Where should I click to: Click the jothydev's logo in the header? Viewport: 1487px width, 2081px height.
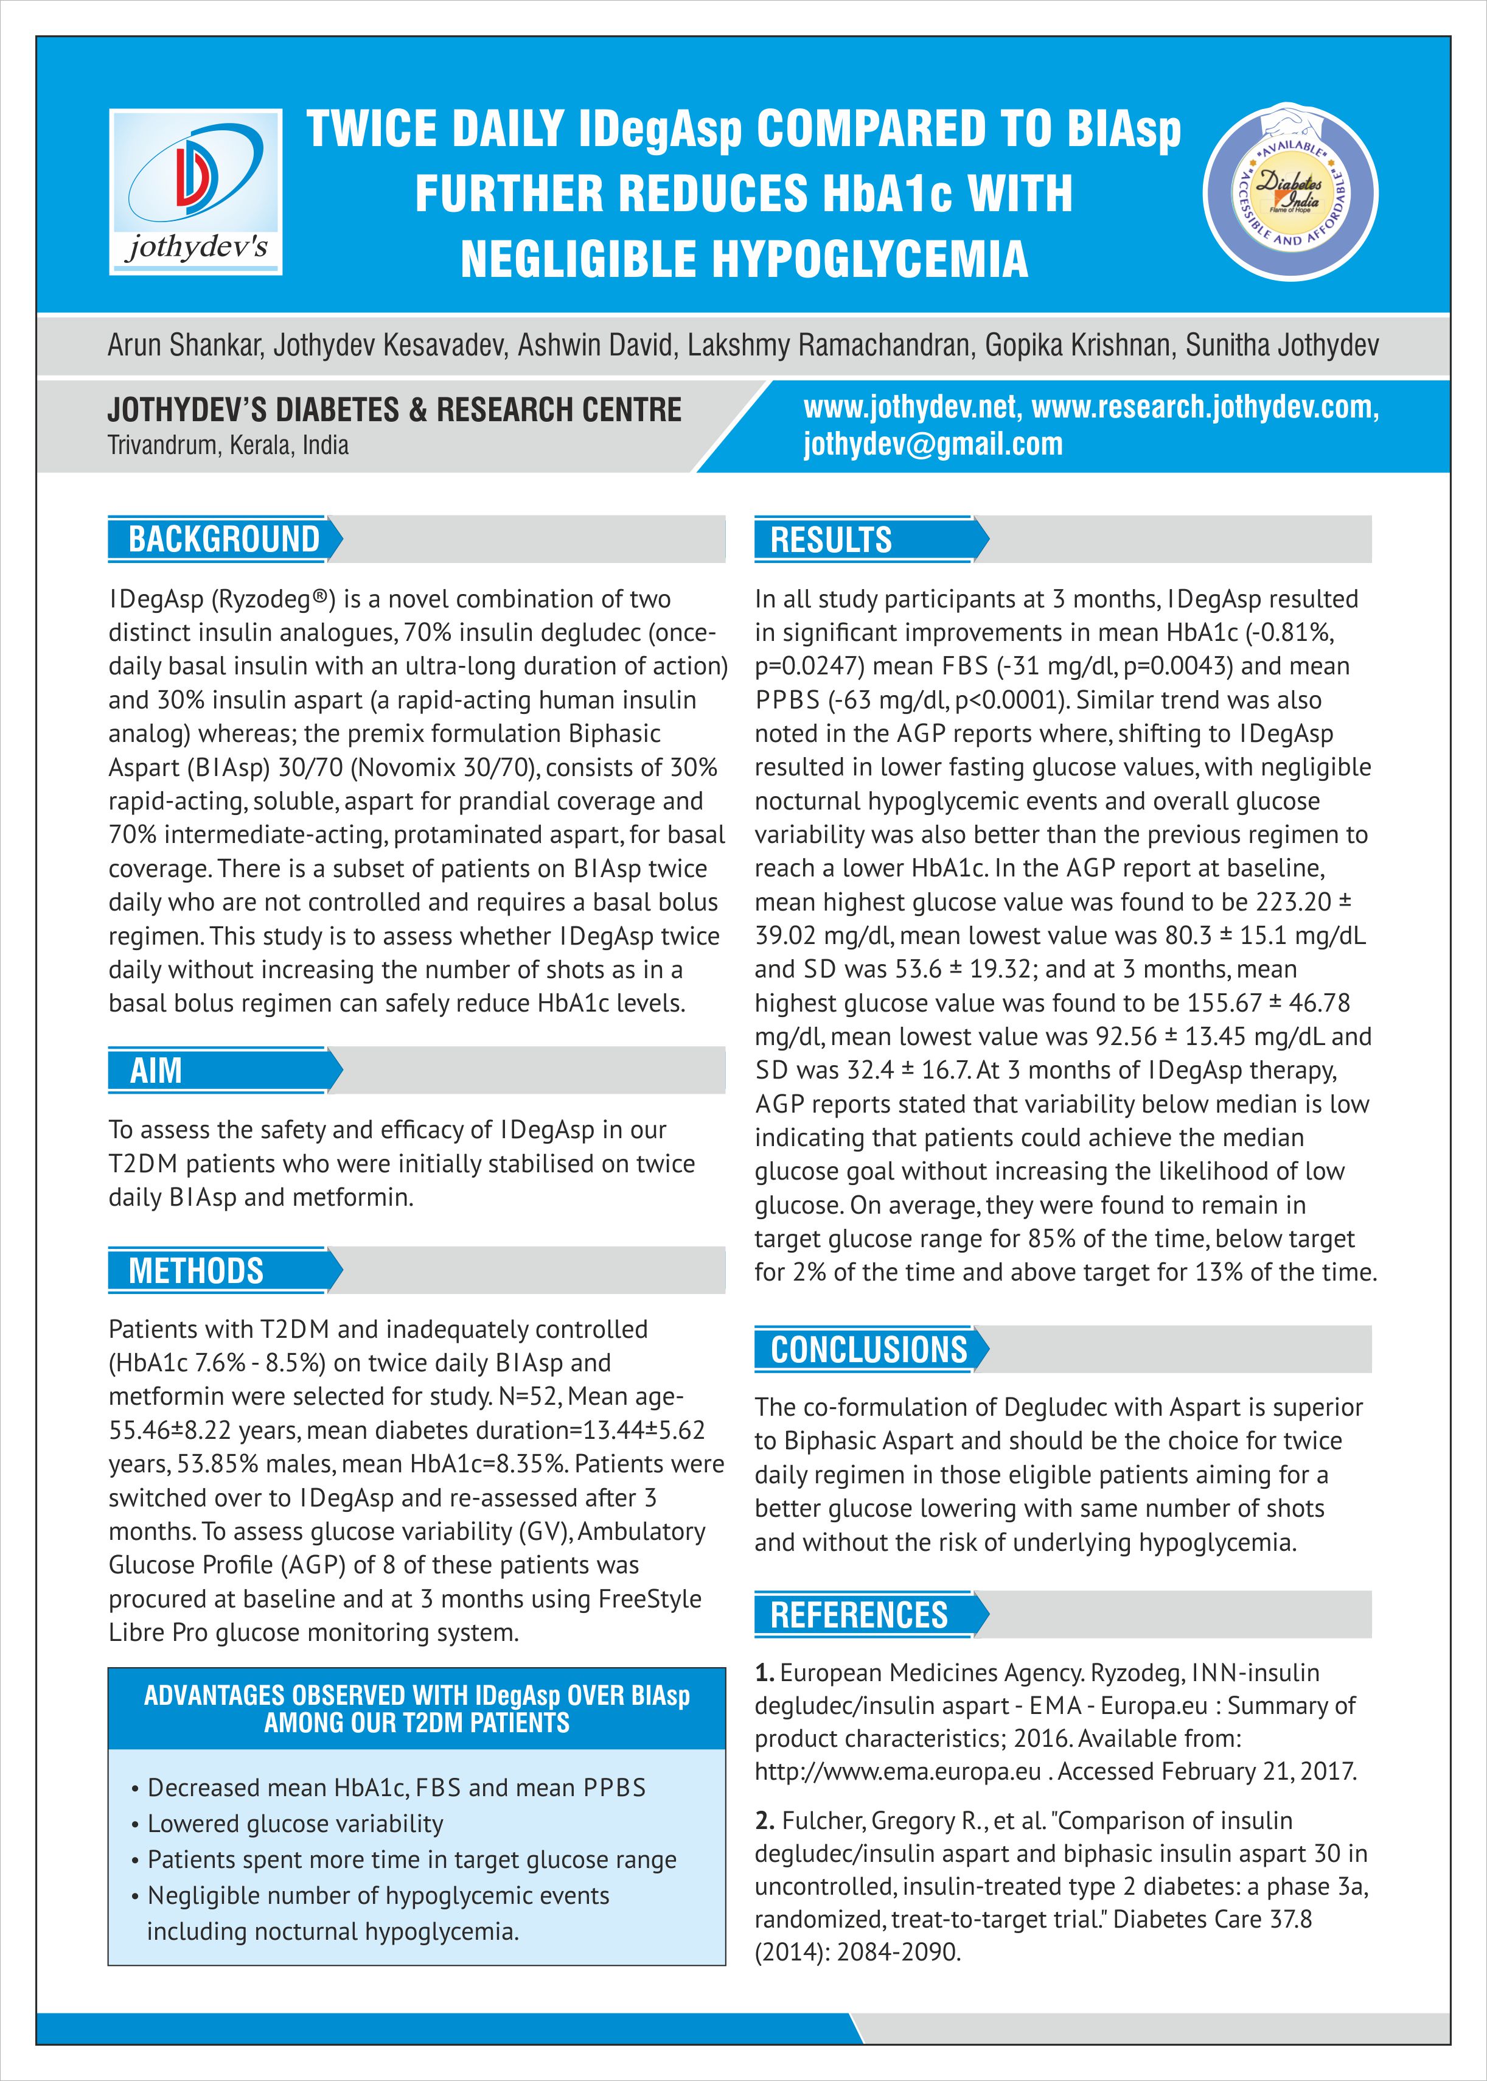click(x=195, y=192)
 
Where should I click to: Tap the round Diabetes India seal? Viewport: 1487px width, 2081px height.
click(x=1290, y=192)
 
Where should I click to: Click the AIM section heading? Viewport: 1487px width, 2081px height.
click(x=156, y=1070)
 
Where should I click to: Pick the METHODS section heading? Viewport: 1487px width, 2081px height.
click(x=196, y=1270)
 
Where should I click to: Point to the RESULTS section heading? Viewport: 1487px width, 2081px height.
click(x=831, y=539)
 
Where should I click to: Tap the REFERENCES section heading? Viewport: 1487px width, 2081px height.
click(x=859, y=1615)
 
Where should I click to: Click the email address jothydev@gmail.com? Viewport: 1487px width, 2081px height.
click(x=933, y=444)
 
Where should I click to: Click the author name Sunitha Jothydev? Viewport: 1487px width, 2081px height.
click(x=1282, y=345)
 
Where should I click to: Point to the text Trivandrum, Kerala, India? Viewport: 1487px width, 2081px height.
click(x=228, y=446)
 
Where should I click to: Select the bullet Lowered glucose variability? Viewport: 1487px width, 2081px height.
click(x=295, y=1824)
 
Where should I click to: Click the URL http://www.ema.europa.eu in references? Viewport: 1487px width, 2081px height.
click(x=897, y=1771)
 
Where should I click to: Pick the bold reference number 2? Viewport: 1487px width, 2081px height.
click(x=765, y=1821)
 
